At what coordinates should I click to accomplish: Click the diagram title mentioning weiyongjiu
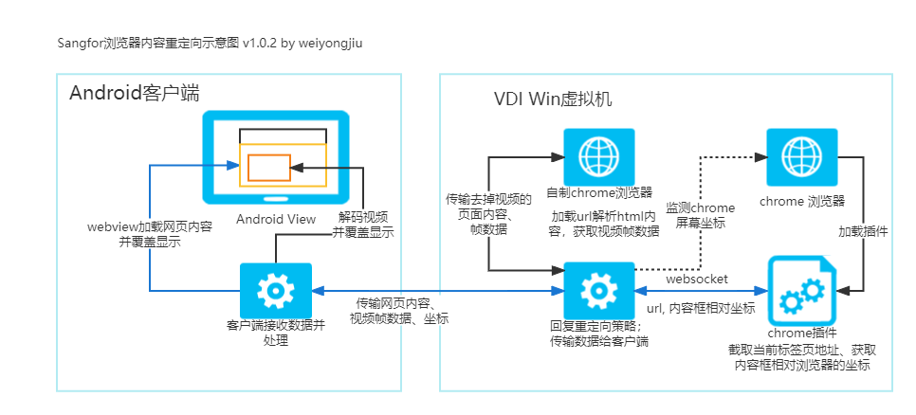(x=213, y=44)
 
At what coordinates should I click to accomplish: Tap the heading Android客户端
(x=135, y=93)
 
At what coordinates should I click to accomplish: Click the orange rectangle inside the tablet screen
(x=269, y=168)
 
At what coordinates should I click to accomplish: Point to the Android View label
(x=276, y=219)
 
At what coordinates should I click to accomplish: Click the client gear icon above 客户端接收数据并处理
(x=276, y=290)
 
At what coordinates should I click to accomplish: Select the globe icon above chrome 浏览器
(x=801, y=155)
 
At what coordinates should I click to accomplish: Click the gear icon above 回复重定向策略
(x=598, y=290)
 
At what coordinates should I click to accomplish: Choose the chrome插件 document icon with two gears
(x=801, y=291)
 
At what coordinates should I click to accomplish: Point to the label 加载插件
(x=864, y=232)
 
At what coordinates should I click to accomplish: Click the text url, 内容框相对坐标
(x=701, y=308)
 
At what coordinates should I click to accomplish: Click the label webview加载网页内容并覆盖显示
(x=150, y=235)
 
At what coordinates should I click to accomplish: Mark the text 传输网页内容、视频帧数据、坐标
(x=399, y=311)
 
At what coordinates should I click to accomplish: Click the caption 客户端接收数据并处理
(x=276, y=334)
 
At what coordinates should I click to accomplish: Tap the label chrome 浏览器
(x=802, y=202)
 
